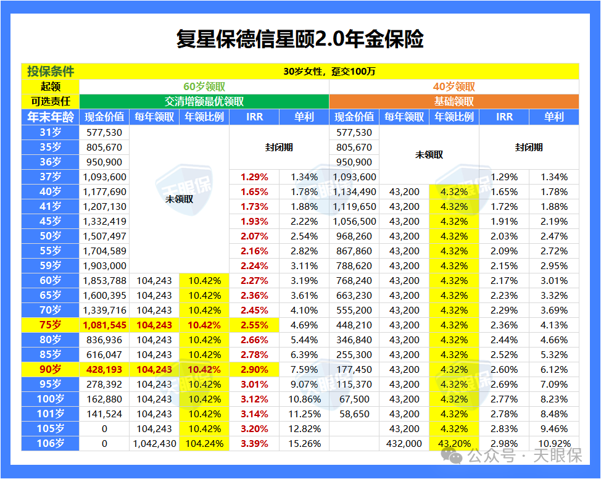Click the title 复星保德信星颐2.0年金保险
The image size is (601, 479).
(300, 40)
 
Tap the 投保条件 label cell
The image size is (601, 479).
(50, 72)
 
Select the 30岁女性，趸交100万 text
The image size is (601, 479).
(330, 72)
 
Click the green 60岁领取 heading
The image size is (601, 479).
(204, 87)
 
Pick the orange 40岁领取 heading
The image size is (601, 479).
(454, 87)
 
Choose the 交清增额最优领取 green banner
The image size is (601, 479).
(204, 102)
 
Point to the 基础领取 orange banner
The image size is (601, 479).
(454, 102)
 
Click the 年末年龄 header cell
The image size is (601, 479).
(50, 117)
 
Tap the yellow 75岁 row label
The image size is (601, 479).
(50, 325)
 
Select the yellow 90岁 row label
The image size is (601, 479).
(50, 369)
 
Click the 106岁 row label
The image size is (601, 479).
(50, 443)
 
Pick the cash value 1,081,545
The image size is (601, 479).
(104, 325)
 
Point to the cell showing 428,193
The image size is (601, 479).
(104, 369)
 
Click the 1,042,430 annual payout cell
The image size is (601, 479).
(154, 443)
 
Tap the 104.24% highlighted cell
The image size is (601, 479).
(204, 443)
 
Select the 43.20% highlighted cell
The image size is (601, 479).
(454, 443)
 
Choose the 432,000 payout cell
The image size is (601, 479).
(404, 443)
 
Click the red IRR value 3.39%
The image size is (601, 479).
(254, 443)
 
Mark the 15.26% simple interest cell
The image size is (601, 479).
(304, 443)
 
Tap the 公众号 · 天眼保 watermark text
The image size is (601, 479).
(524, 456)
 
